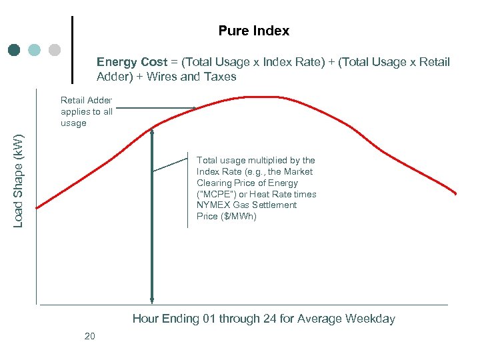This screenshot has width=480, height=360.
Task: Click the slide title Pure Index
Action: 253,31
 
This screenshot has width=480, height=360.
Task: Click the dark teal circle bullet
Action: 15,50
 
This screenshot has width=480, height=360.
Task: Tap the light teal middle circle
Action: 35,50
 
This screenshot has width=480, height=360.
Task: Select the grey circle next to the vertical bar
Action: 55,50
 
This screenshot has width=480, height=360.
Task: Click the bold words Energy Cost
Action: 131,62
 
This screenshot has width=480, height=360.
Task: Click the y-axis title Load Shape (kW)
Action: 19,181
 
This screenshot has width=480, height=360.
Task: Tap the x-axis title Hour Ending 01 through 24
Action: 263,319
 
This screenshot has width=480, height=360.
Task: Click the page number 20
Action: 90,336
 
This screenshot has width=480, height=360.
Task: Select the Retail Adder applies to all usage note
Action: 87,111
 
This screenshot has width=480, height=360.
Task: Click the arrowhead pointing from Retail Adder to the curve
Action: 193,108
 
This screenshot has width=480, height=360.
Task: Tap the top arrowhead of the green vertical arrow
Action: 153,131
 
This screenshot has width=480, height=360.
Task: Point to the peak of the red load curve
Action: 257,97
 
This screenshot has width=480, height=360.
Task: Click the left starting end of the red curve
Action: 37,207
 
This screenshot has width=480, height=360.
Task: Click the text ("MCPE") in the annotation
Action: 217,194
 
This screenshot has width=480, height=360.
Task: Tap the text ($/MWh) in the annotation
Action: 239,217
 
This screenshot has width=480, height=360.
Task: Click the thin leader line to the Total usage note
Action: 170,165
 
